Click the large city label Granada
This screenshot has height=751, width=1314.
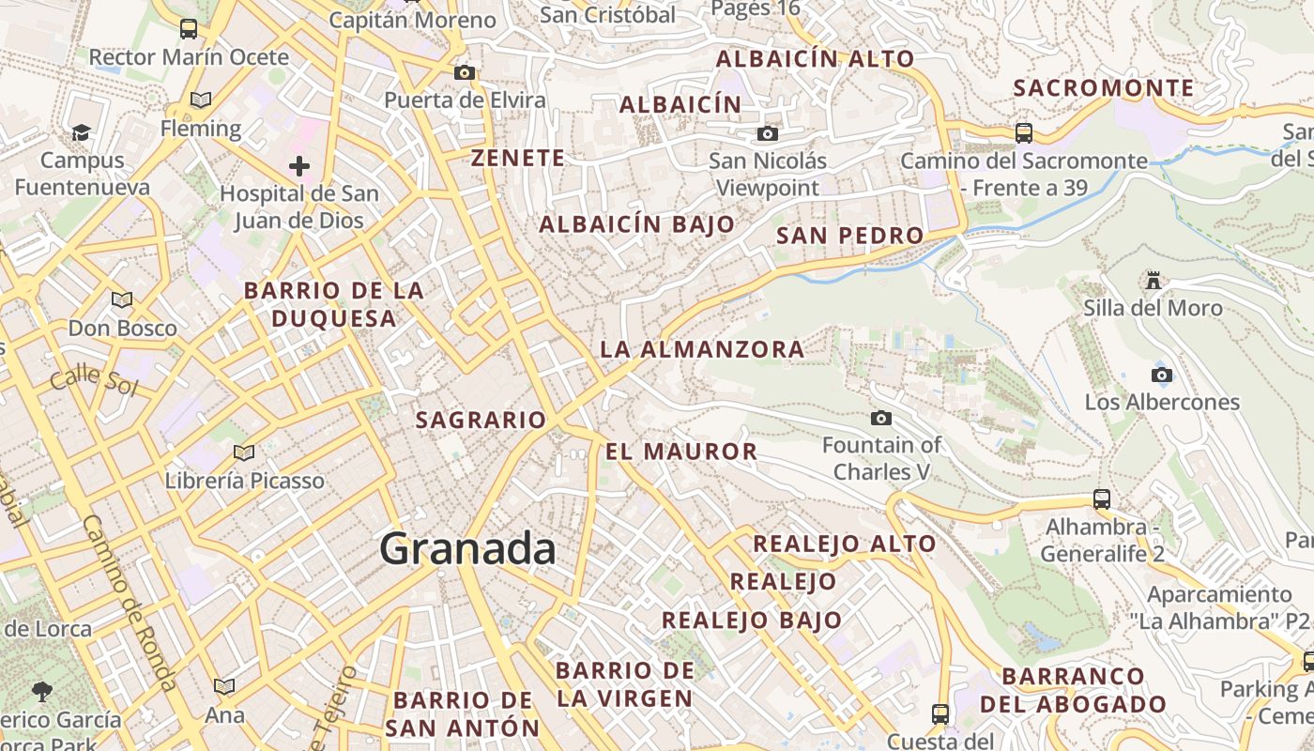click(467, 549)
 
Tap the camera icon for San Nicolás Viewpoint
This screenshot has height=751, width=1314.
click(767, 134)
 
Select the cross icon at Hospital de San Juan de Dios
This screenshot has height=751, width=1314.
click(299, 167)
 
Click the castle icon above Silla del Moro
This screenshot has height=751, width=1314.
click(1153, 281)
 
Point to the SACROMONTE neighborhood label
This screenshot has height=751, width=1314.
click(1104, 88)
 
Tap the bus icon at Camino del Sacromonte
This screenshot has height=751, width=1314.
click(1023, 133)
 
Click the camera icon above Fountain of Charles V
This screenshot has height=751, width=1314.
click(880, 419)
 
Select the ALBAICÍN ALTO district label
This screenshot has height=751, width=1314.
click(815, 59)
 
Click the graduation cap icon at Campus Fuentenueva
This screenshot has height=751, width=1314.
click(82, 133)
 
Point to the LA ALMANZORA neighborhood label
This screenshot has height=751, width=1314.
click(702, 350)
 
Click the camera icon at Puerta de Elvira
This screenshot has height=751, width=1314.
click(464, 73)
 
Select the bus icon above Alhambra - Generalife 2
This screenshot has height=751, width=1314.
click(1102, 499)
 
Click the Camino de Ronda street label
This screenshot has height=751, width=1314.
click(130, 601)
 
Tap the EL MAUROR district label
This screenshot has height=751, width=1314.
click(681, 452)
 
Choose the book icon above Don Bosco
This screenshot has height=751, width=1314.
click(121, 300)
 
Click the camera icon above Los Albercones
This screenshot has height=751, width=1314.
click(1161, 375)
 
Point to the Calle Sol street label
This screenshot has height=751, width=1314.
click(93, 380)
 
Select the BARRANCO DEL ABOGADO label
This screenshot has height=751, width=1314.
click(1073, 690)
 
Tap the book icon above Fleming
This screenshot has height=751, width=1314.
click(200, 100)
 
